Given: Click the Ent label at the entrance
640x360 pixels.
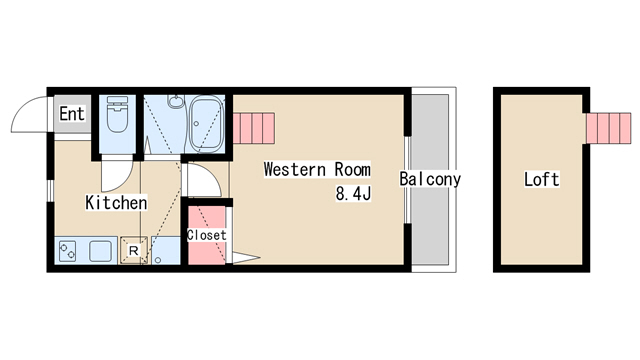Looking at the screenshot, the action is click(72, 113).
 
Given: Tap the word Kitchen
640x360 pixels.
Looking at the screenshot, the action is click(116, 202).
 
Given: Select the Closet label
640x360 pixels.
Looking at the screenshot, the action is click(206, 235).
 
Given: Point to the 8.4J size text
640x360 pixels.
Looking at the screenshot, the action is click(353, 193).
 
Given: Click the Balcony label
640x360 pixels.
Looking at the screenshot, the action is click(430, 179).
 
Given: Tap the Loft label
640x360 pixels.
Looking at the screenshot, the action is click(542, 179).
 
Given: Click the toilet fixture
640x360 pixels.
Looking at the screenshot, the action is click(117, 114).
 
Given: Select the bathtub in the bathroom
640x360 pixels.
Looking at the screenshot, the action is click(207, 124).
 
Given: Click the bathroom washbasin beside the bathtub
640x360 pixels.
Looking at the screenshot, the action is click(176, 102).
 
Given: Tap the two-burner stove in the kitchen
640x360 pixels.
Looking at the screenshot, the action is click(67, 251).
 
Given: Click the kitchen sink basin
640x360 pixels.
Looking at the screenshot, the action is click(100, 251).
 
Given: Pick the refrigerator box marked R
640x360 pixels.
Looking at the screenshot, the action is click(133, 250).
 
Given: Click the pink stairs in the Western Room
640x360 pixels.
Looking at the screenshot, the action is click(253, 128).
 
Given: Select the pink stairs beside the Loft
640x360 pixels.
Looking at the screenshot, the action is click(609, 128).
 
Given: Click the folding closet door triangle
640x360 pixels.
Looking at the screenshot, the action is click(246, 258).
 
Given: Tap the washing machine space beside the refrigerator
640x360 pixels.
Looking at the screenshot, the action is click(166, 250).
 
